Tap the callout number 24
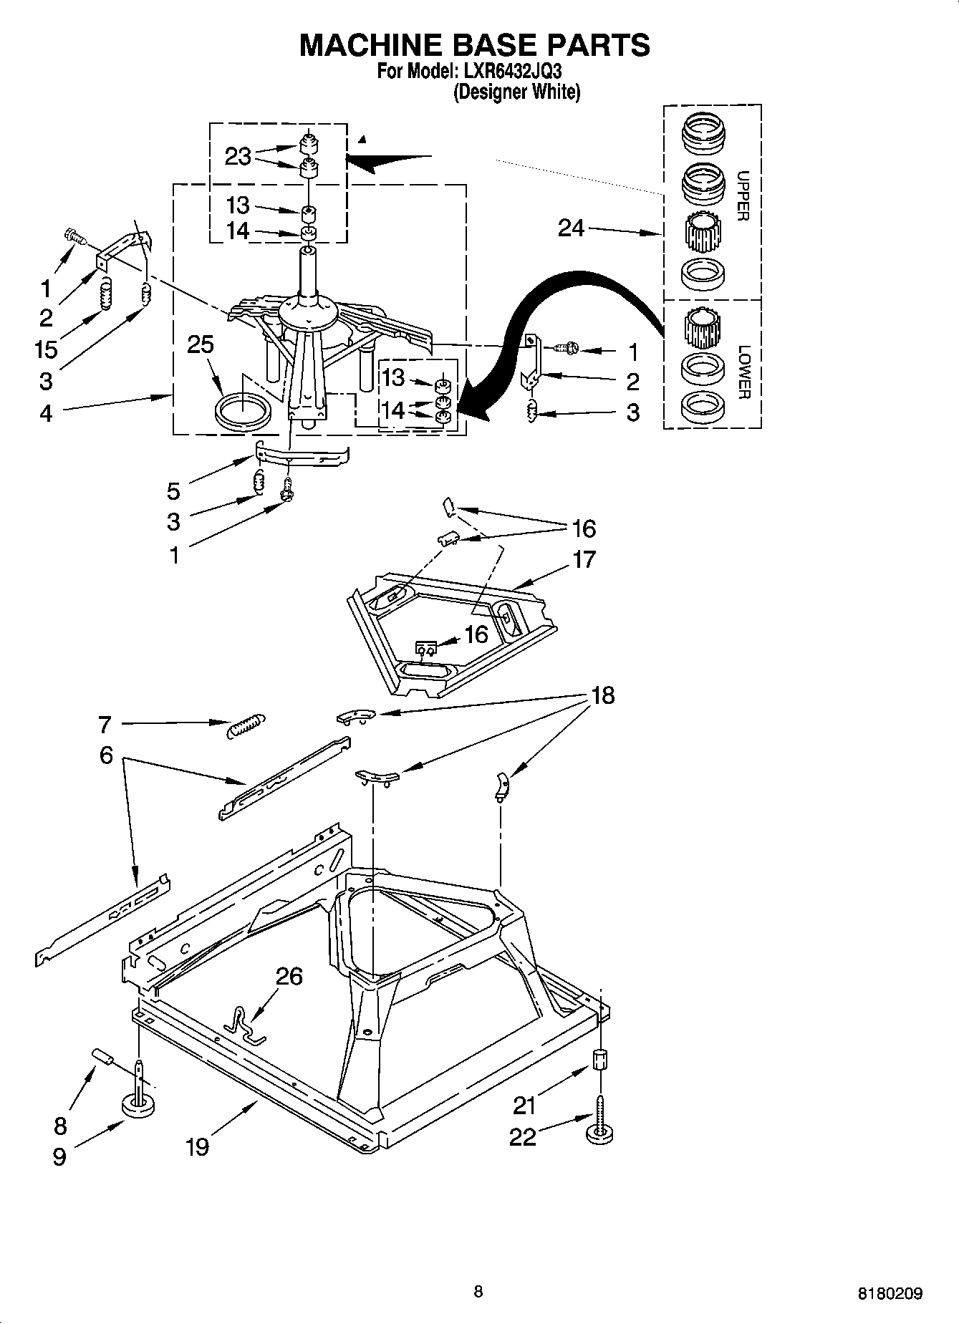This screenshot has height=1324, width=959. (572, 228)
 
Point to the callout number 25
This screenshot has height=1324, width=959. (201, 344)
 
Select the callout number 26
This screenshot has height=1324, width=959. (289, 976)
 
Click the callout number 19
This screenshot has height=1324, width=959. (197, 1146)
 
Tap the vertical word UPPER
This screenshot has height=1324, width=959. (743, 196)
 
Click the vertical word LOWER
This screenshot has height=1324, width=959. (743, 372)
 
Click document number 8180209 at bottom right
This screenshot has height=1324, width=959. (890, 1294)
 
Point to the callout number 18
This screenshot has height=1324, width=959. (603, 695)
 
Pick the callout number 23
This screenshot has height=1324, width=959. (238, 156)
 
